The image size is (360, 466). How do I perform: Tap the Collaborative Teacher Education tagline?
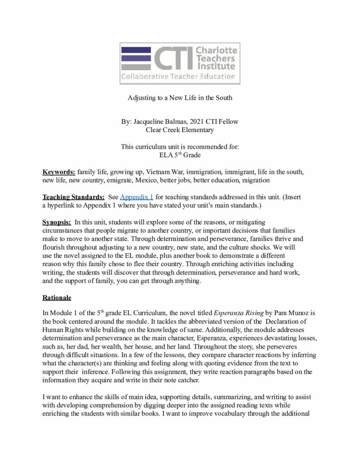coord(178,76)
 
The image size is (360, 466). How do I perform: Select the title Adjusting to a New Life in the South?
coord(179,98)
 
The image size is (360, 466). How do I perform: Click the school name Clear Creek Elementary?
coord(180,130)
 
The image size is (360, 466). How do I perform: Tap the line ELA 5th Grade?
coord(180,155)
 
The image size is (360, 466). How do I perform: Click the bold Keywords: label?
coord(59,172)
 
